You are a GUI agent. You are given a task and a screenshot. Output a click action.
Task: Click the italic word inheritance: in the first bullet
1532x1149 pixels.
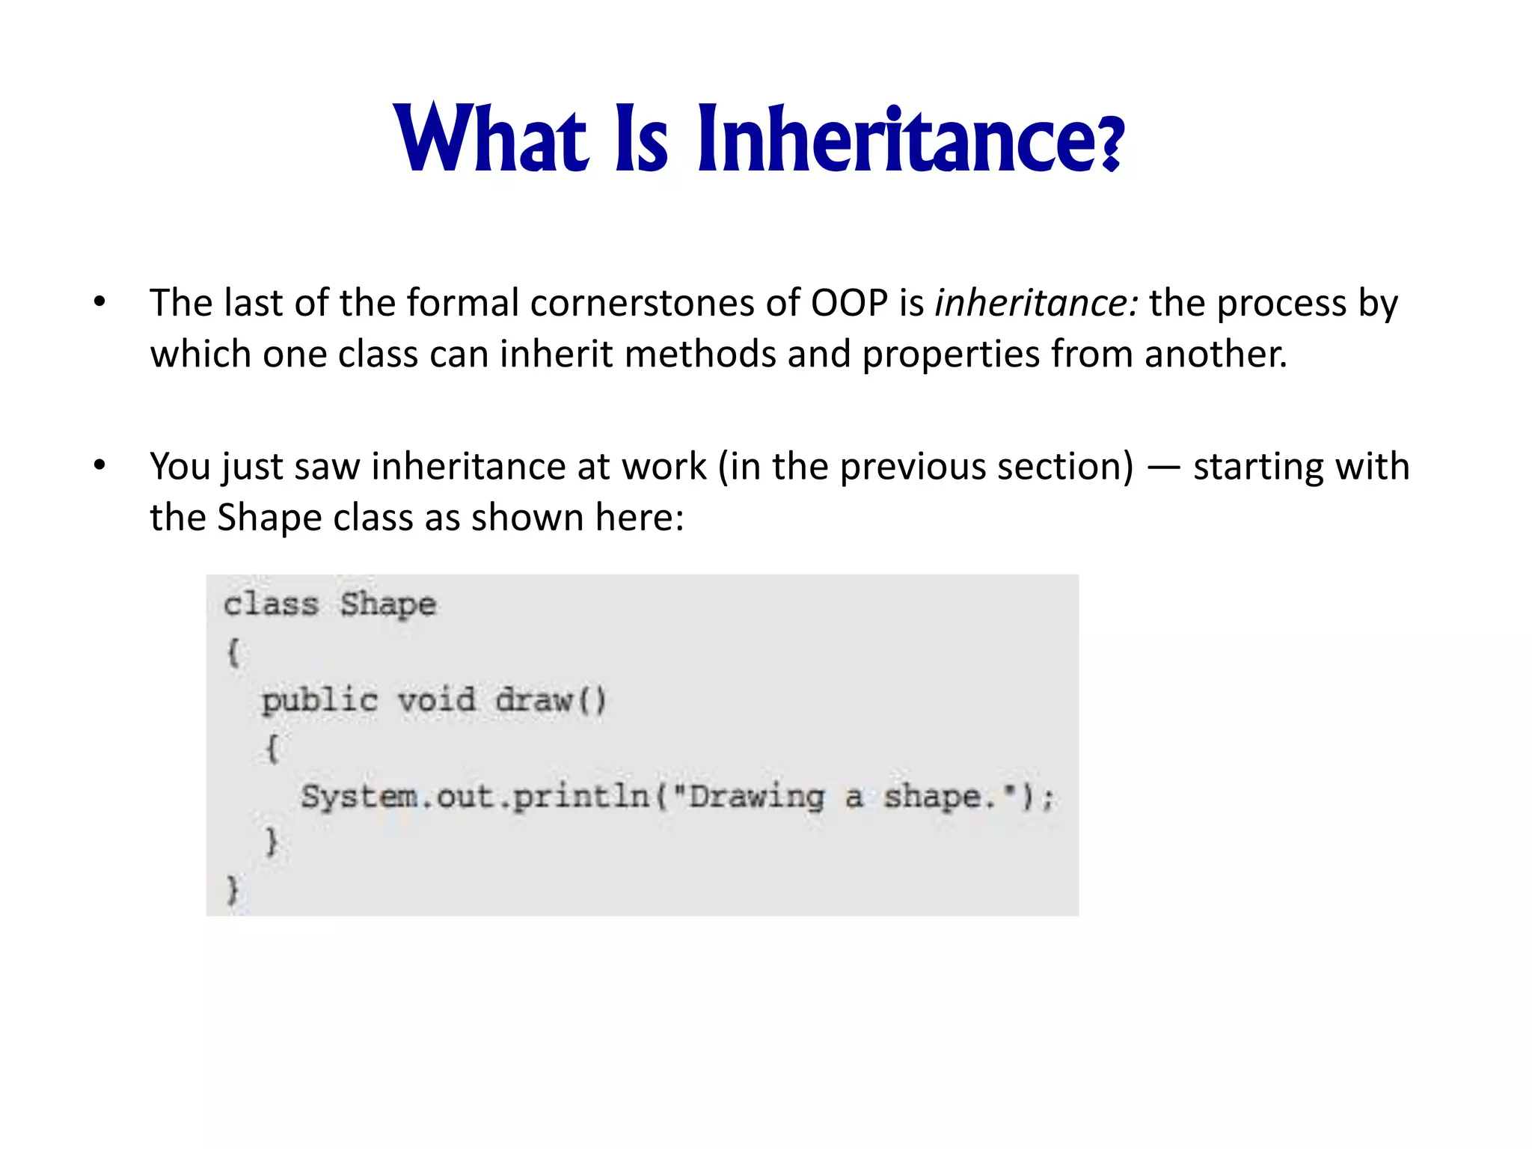pyautogui.click(x=1036, y=303)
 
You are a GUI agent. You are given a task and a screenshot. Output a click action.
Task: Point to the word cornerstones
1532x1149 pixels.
pyautogui.click(x=643, y=303)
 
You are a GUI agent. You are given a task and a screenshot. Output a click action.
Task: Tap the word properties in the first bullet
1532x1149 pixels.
pyautogui.click(x=951, y=354)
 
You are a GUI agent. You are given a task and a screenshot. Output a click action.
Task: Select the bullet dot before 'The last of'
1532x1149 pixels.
pyautogui.click(x=99, y=303)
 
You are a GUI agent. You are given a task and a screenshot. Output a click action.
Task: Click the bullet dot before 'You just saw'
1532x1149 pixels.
pyautogui.click(x=99, y=466)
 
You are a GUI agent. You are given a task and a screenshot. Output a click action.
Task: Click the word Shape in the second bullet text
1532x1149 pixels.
pyautogui.click(x=269, y=518)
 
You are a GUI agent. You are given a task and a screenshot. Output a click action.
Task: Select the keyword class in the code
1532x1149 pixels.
pyautogui.click(x=272, y=604)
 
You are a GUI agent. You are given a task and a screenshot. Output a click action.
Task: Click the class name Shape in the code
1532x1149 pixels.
pyautogui.click(x=387, y=604)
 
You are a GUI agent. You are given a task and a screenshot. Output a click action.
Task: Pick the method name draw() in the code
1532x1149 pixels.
pyautogui.click(x=550, y=701)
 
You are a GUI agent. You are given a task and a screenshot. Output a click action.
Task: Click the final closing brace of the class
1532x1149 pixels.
pyautogui.click(x=233, y=890)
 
